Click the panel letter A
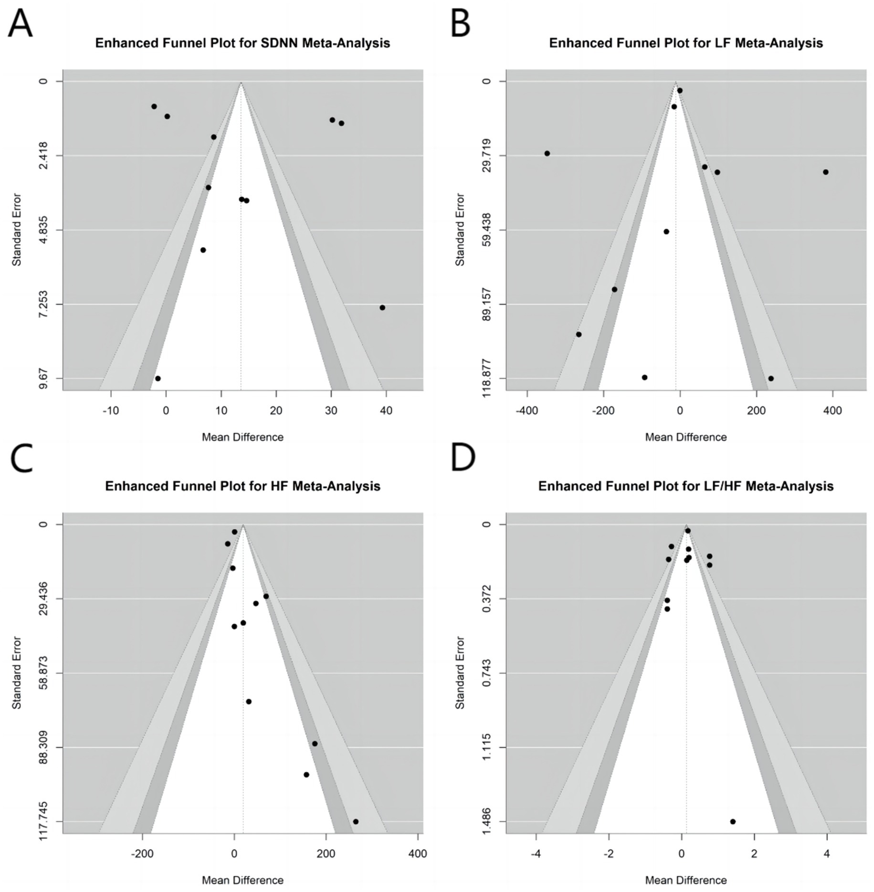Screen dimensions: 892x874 [x=21, y=24]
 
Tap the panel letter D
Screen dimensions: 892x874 [x=463, y=457]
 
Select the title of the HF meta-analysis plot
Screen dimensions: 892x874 [x=242, y=486]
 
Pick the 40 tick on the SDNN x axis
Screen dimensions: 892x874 [x=386, y=410]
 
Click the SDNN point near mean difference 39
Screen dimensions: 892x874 [x=382, y=307]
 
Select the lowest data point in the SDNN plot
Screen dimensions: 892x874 [x=158, y=378]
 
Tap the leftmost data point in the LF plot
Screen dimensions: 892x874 [x=547, y=153]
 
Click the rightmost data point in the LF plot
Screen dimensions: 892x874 [x=826, y=172]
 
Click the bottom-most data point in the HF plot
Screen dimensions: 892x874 [x=356, y=822]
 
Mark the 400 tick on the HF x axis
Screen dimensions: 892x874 [x=418, y=854]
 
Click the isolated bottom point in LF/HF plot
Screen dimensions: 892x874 [x=733, y=822]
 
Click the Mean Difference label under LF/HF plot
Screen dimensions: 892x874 [x=686, y=880]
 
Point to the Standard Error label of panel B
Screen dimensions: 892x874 [x=460, y=230]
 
